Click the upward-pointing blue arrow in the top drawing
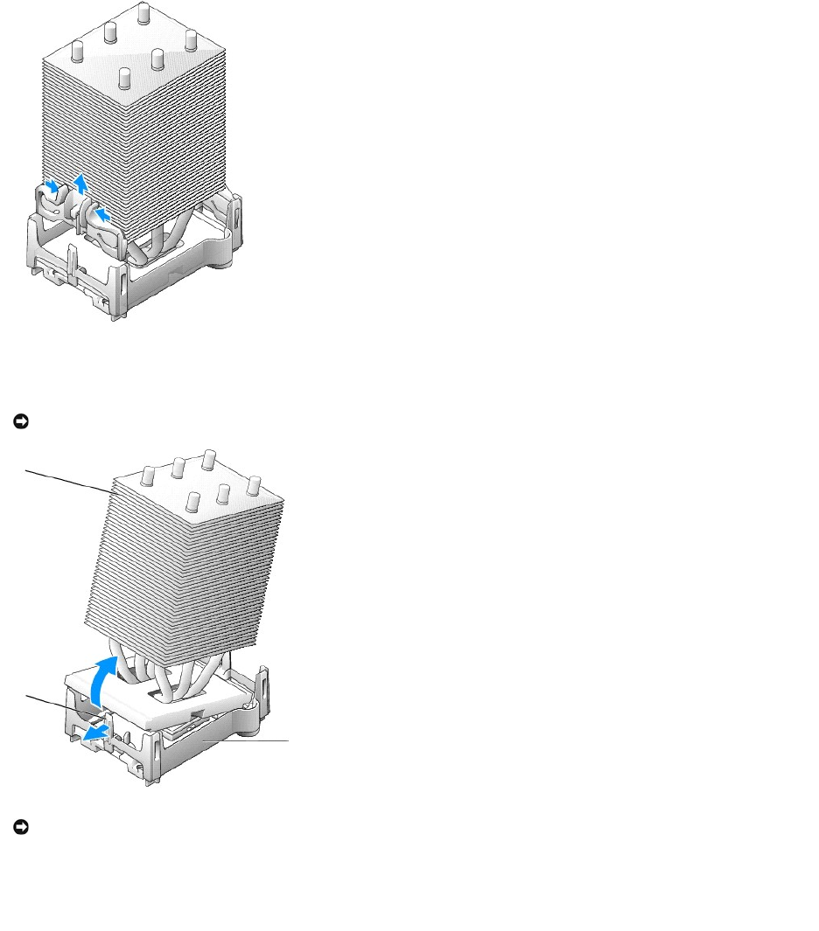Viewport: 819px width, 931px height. point(80,181)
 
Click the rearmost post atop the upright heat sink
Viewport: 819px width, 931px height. point(143,14)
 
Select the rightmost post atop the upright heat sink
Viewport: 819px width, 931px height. point(190,39)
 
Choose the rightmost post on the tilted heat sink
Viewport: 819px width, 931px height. point(255,483)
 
